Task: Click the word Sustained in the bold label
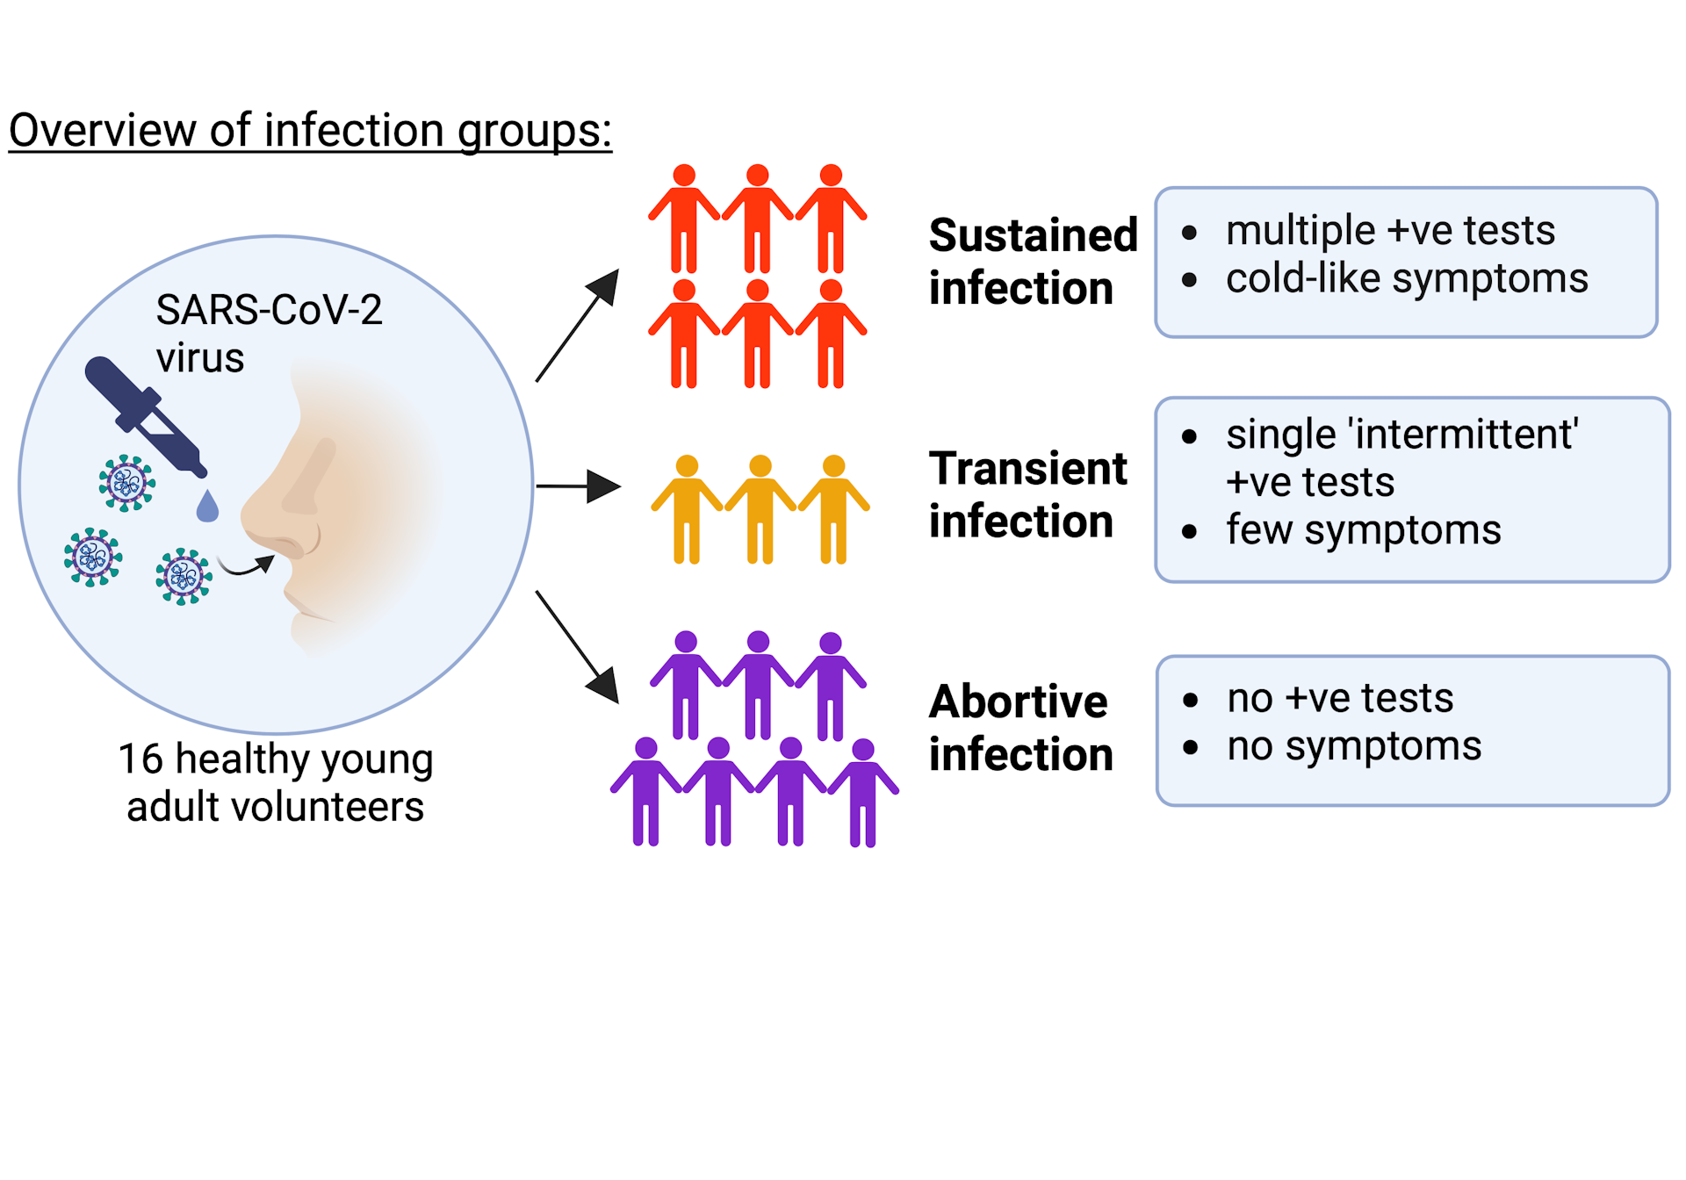pos(1033,235)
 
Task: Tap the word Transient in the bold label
pos(1027,468)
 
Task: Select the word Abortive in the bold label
pos(1018,702)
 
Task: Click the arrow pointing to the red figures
pos(577,326)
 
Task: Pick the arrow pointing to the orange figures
pos(578,486)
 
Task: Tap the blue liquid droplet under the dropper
pos(207,507)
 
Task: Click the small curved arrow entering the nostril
pos(246,566)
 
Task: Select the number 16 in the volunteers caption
pos(140,759)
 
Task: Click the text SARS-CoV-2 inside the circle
pos(269,310)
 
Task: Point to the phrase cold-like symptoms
pos(1407,279)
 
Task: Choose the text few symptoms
pos(1363,530)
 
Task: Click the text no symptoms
pos(1354,746)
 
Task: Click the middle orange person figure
pos(760,509)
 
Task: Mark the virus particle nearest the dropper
pos(127,483)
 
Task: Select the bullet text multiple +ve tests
pos(1390,231)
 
